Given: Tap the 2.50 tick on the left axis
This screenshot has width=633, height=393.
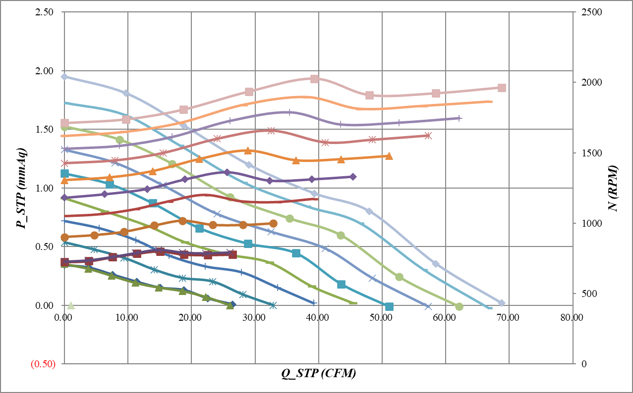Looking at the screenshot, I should coord(46,12).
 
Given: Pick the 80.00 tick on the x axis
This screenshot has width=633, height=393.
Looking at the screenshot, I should coord(572,317).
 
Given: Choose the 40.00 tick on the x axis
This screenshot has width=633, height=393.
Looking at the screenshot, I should coord(318,317).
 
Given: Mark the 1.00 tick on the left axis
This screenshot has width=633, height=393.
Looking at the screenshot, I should coord(46,188).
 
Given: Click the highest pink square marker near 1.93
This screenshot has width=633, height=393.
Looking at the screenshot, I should coord(314,79).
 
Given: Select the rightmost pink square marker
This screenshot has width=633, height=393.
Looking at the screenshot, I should coord(502,88).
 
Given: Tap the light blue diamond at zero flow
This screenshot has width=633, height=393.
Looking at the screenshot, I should coord(64,77).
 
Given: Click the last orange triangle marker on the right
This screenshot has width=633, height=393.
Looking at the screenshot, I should coord(389,156).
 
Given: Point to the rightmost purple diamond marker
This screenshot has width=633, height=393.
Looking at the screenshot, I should coord(353,177).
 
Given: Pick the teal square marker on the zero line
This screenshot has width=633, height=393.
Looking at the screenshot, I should coord(389,306).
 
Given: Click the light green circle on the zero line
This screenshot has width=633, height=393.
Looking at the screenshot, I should coord(459,307).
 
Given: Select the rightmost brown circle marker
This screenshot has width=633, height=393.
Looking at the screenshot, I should coord(273,223).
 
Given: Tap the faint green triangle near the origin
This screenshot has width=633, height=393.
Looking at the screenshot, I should coord(70,305).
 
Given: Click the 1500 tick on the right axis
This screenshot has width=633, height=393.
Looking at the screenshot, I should coord(588,153).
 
